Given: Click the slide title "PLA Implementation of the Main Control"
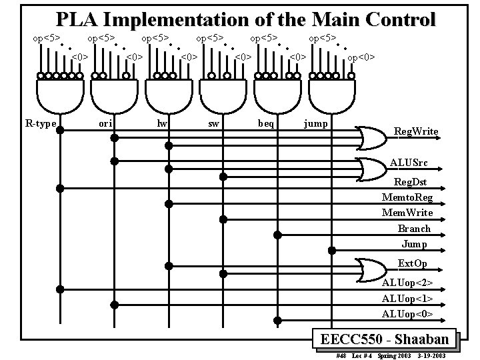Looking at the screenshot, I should coord(245,19).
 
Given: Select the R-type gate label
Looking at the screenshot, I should coord(41,123).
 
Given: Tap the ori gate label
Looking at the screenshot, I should coord(105,123).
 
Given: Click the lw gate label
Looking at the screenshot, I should coord(161,123).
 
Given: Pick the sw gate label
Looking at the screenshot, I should coord(213,123).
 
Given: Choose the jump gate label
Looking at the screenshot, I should coord(315,123).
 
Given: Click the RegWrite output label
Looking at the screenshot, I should coord(416,131).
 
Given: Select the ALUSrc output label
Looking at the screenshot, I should coord(409,163).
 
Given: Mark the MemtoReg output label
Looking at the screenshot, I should coord(407,197).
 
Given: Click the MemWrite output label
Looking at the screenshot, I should coord(407,213).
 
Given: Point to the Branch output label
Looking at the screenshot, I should coord(414,229).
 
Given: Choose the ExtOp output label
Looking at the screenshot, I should coord(412,263).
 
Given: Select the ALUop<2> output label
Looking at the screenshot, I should coord(407,283).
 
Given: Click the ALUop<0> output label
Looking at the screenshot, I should coord(407,313).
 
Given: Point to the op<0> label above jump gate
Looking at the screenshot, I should coord(361,57).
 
